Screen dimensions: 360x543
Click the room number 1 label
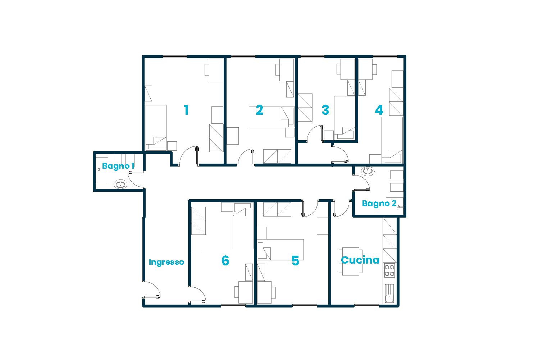tap(186, 110)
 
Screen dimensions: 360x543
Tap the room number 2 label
tap(259, 110)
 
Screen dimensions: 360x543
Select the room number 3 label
tap(325, 110)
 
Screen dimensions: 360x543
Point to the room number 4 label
tap(379, 110)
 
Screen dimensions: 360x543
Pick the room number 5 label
tap(295, 261)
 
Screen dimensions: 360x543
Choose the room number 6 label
tap(225, 261)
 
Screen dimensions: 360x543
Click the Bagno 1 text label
tap(118, 166)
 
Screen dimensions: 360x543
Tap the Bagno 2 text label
tap(379, 204)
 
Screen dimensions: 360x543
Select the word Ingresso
tap(166, 262)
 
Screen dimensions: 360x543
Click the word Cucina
tap(360, 260)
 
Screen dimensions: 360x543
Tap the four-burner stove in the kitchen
tap(389, 270)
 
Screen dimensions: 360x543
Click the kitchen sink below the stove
tap(389, 293)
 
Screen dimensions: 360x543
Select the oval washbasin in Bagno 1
tap(120, 185)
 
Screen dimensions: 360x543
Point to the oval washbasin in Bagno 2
tap(368, 171)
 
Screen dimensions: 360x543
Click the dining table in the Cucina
tap(351, 261)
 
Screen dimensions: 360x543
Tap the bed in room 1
tap(156, 127)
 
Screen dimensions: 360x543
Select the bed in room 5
tap(281, 250)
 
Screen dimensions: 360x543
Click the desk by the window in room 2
tap(287, 70)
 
